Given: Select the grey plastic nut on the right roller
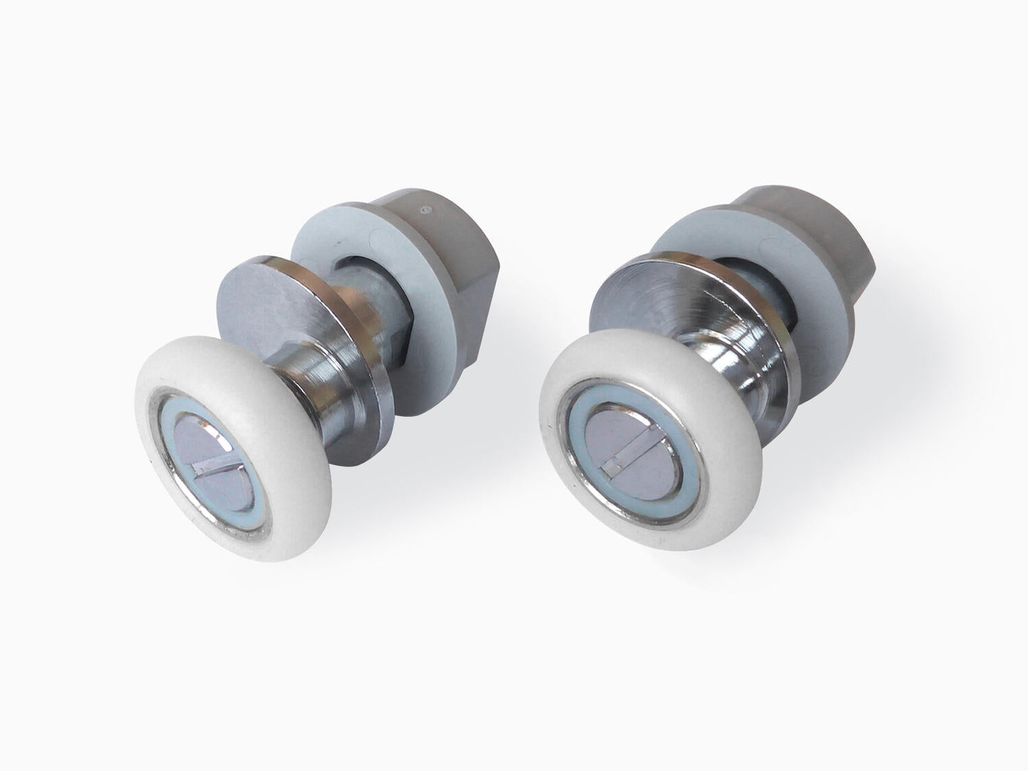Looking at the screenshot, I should [x=816, y=226].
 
